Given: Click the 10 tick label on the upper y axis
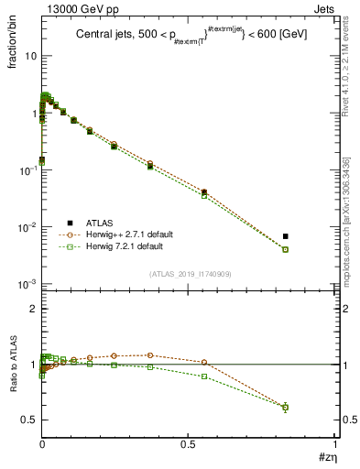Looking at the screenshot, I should (x=29, y=57).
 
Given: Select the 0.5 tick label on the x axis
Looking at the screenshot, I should (x=188, y=444).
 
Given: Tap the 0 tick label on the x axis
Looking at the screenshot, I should (x=41, y=444).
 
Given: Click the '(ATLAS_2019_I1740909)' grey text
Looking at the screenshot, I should (x=189, y=274).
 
